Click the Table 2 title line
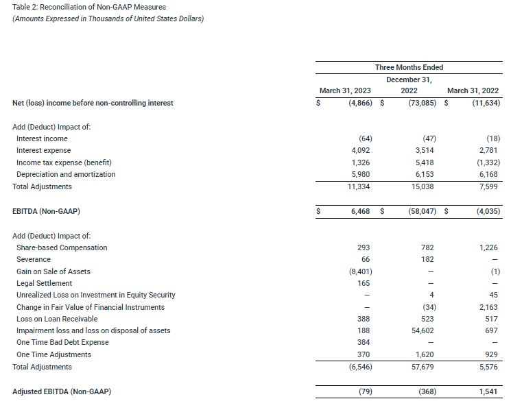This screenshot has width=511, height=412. pyautogui.click(x=88, y=7)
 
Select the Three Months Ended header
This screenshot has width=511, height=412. pyautogui.click(x=409, y=67)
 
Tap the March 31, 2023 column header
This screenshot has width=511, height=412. pyautogui.click(x=346, y=91)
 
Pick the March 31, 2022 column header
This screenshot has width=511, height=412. pyautogui.click(x=473, y=91)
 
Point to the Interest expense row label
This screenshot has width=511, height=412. pyautogui.click(x=43, y=150)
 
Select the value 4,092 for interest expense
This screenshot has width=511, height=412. pyautogui.click(x=361, y=150)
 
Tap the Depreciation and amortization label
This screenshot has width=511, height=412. pyautogui.click(x=66, y=174)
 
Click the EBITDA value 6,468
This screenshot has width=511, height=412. pyautogui.click(x=361, y=212)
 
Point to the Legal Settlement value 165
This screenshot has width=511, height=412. pyautogui.click(x=364, y=283)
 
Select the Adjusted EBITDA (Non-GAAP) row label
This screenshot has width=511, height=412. pyautogui.click(x=62, y=391)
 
